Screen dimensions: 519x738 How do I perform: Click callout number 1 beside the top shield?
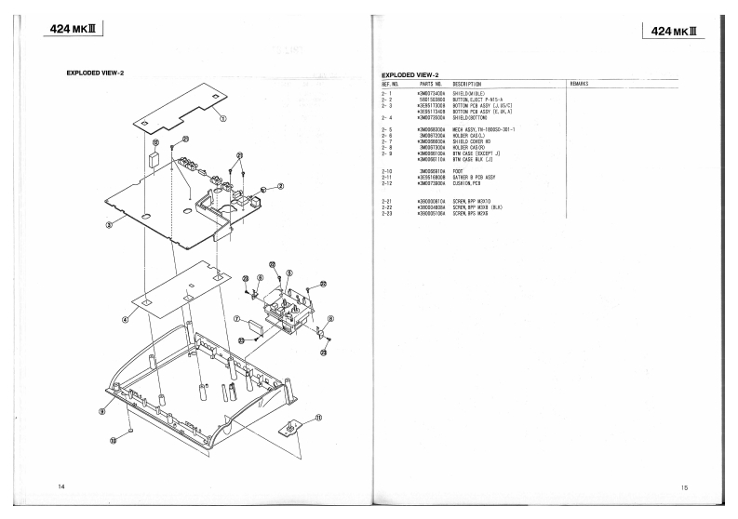click(x=223, y=118)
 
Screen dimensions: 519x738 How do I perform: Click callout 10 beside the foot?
click(x=114, y=441)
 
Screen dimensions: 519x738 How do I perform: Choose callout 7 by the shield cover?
click(x=237, y=319)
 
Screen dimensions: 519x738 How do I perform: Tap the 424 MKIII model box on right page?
click(x=670, y=33)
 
